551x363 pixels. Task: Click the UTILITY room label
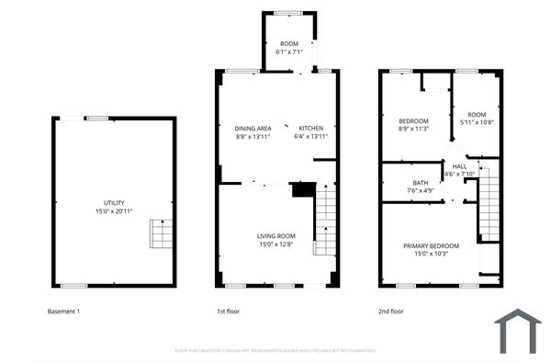(114, 203)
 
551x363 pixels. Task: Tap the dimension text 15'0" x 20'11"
(114, 211)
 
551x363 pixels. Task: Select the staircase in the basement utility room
(162, 234)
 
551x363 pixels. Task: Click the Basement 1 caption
(63, 312)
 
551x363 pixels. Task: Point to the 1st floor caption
(228, 312)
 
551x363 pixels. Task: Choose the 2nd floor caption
(391, 312)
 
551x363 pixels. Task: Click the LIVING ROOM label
(275, 236)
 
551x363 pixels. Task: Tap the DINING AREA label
(253, 128)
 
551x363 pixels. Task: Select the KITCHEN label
(310, 128)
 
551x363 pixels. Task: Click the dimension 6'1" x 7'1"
(290, 52)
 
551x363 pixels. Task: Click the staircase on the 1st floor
(326, 221)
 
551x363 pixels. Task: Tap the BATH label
(421, 183)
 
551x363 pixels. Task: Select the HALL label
(458, 166)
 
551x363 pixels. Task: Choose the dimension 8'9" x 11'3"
(413, 130)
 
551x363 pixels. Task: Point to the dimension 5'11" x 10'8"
(477, 121)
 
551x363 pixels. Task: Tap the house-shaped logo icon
(518, 331)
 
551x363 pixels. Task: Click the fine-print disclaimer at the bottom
(275, 350)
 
